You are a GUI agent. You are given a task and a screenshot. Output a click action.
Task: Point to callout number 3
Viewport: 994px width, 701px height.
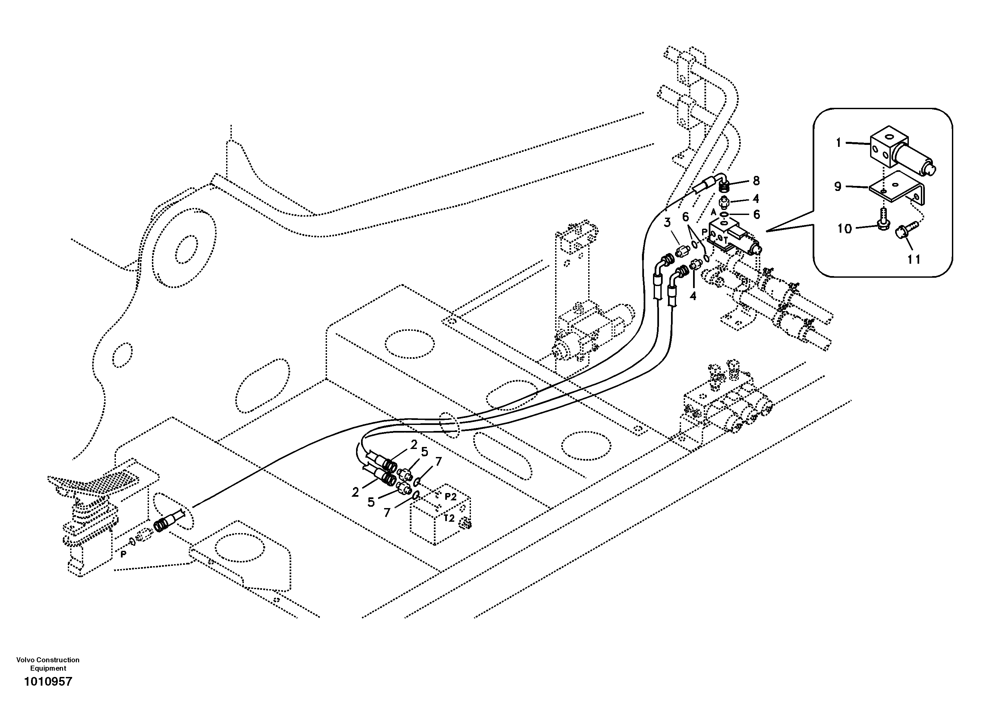click(x=667, y=222)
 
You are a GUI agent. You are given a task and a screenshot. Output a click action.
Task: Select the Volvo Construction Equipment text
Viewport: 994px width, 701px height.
click(x=48, y=664)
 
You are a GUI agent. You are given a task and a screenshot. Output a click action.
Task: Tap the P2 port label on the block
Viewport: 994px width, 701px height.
click(x=451, y=497)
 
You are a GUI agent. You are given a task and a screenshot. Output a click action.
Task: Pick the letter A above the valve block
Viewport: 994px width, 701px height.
click(x=714, y=212)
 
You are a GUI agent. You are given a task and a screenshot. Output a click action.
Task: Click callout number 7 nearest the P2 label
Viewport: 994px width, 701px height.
click(x=439, y=462)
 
